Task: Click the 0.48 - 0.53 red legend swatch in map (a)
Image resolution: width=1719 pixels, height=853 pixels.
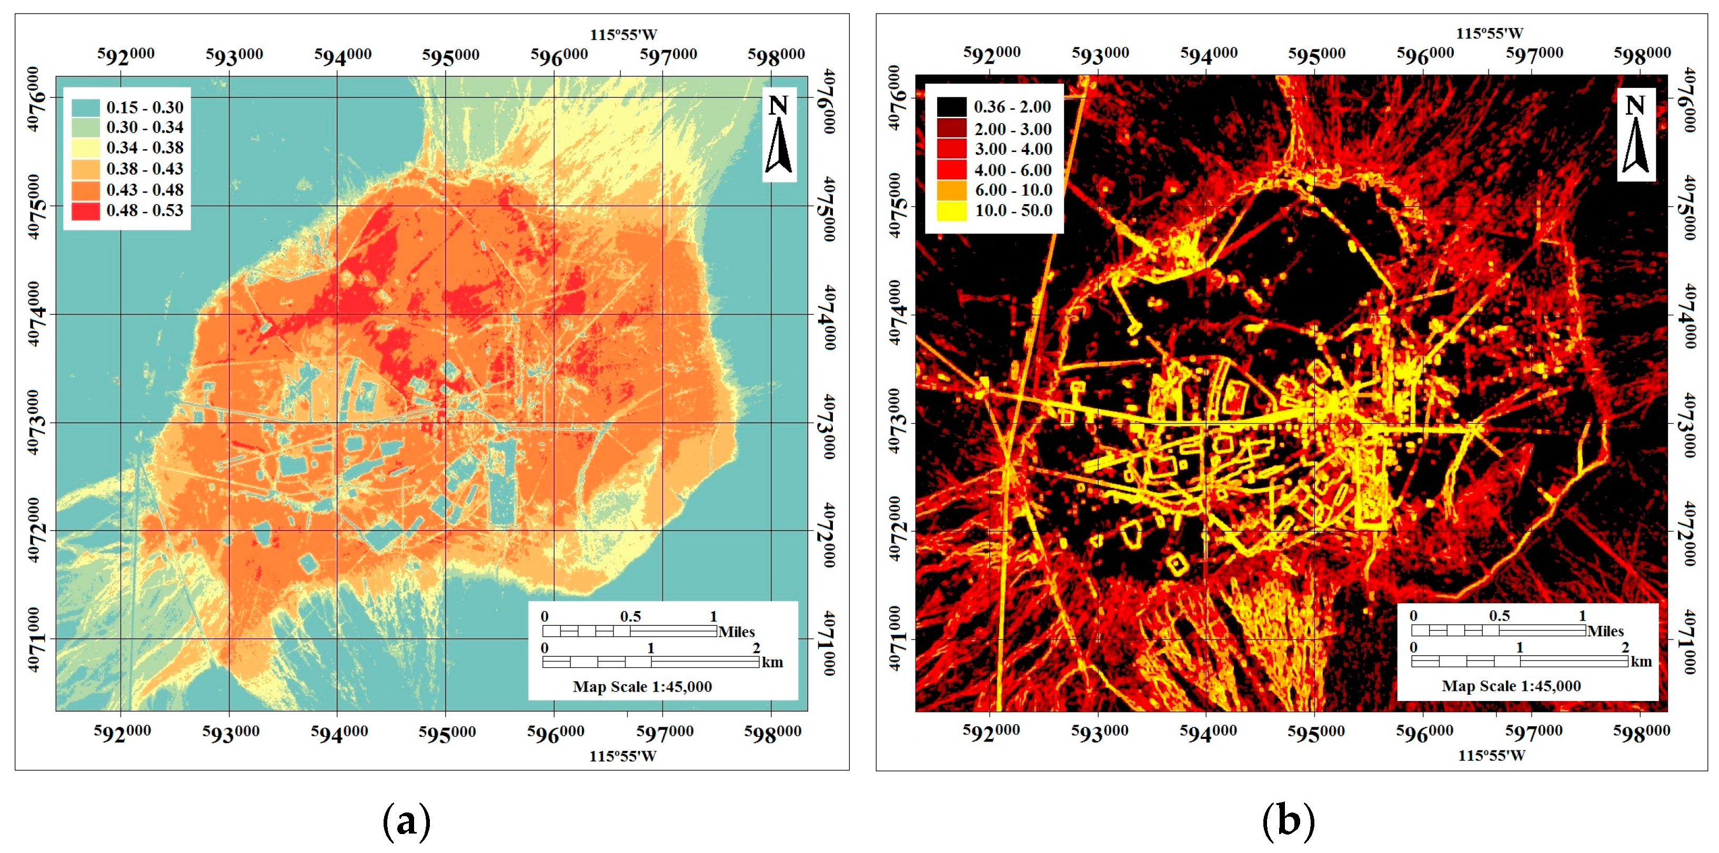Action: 85,211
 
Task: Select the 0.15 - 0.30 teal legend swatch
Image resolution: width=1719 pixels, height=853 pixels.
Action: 85,107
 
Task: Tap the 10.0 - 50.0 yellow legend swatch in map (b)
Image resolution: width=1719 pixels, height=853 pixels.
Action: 951,211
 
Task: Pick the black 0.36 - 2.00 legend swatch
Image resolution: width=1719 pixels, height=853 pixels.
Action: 951,107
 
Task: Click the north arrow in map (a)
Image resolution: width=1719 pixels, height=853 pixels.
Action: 778,135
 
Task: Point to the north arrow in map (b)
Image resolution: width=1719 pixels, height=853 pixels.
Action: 1635,135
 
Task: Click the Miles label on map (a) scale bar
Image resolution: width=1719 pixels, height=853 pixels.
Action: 736,632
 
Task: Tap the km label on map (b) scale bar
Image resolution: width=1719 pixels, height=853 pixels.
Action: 1641,662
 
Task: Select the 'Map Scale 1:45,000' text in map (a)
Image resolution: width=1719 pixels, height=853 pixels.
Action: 642,686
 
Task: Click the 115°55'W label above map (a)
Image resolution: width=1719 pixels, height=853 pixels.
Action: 622,35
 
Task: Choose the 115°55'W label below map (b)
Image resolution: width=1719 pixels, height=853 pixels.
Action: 1492,755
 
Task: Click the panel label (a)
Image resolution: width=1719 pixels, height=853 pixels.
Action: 406,821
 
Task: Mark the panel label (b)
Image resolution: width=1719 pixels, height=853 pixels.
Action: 1288,821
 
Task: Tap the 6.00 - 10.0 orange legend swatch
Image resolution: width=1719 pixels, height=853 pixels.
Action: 951,190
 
